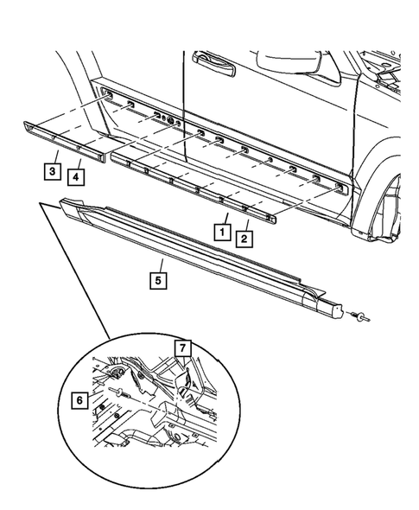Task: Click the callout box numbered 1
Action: click(222, 232)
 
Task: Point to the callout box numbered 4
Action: click(77, 176)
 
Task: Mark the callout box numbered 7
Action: click(183, 347)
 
